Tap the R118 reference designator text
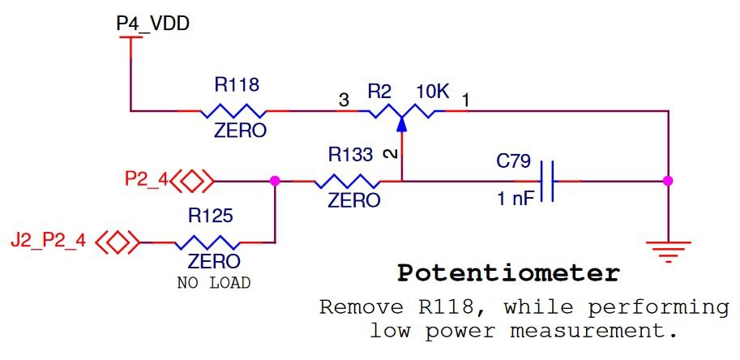(x=237, y=84)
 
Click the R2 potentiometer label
(x=379, y=92)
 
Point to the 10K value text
(x=432, y=92)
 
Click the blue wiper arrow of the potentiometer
(x=402, y=122)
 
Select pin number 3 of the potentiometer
(x=344, y=101)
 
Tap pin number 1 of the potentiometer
(x=466, y=101)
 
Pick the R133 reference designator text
(x=350, y=154)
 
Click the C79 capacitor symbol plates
(x=549, y=181)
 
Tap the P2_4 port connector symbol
(x=193, y=181)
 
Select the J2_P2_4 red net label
(x=48, y=241)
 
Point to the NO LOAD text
(x=213, y=283)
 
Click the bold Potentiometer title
(x=508, y=273)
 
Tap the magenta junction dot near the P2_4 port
(x=275, y=181)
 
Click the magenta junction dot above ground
(x=668, y=181)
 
